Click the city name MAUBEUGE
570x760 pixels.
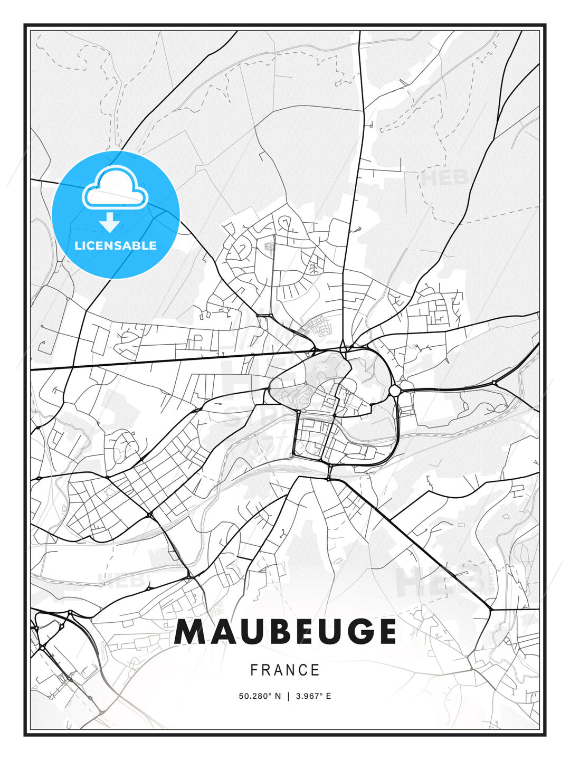pyautogui.click(x=285, y=632)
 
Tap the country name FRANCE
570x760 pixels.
pyautogui.click(x=285, y=670)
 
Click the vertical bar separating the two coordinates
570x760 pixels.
pyautogui.click(x=288, y=696)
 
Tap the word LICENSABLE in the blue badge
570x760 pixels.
pyautogui.click(x=116, y=245)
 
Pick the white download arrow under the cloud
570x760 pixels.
pyautogui.click(x=110, y=222)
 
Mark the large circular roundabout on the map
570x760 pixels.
pyautogui.click(x=395, y=390)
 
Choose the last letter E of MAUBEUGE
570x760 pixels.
pyautogui.click(x=385, y=632)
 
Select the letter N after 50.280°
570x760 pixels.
pyautogui.click(x=278, y=696)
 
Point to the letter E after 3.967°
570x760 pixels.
pyautogui.click(x=328, y=696)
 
